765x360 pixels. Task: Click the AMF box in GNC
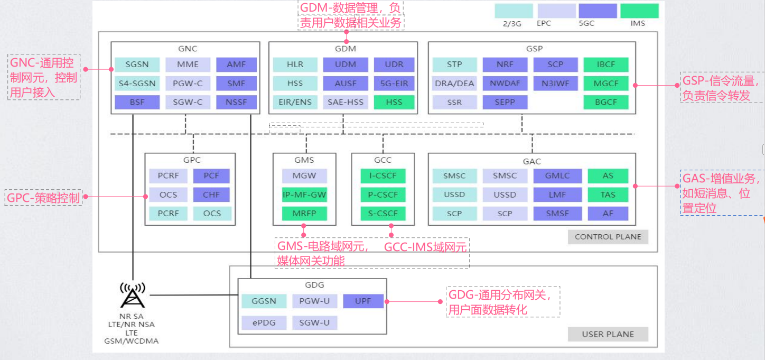point(236,65)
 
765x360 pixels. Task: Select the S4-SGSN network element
point(137,84)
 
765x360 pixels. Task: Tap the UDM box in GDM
point(346,65)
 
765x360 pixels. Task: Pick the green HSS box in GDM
point(394,102)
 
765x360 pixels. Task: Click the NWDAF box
point(504,84)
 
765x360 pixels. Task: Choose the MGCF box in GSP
point(606,84)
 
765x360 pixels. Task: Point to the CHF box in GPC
point(212,195)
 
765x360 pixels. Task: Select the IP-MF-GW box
point(304,195)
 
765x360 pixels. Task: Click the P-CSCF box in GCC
point(382,195)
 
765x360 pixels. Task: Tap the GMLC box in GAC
point(557,176)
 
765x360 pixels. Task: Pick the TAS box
point(608,195)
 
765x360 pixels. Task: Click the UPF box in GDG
point(363,301)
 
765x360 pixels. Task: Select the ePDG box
point(264,322)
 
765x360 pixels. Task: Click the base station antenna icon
point(133,296)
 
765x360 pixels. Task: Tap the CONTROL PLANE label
point(608,237)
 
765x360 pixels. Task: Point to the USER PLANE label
point(608,334)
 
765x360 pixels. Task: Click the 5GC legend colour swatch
point(598,11)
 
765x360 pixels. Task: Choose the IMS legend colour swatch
point(639,11)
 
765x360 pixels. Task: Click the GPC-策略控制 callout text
point(43,198)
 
